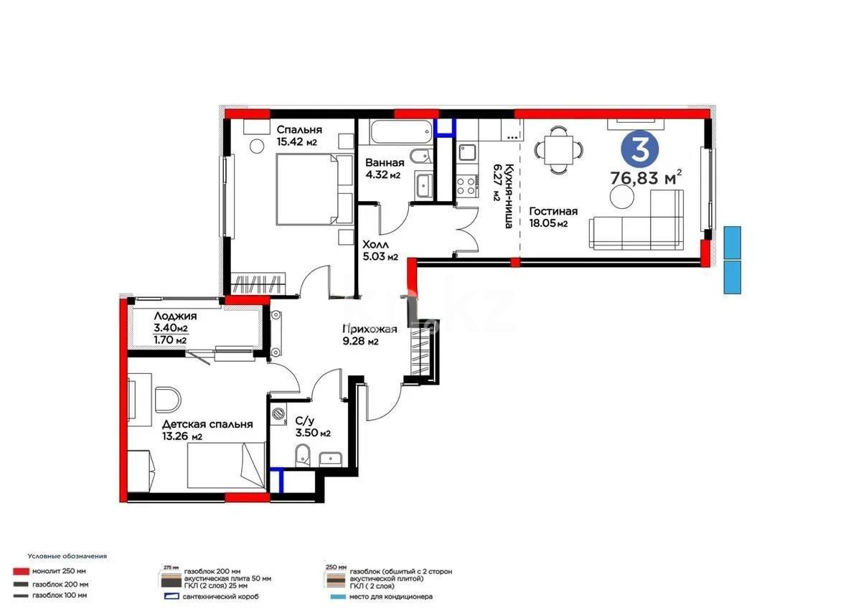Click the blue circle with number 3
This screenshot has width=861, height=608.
(640, 148)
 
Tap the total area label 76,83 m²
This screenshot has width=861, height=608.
(645, 177)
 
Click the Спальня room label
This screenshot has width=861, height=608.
(299, 130)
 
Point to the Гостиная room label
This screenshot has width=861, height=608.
(553, 212)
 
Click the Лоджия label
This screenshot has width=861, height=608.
(175, 316)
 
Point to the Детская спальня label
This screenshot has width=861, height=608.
(207, 424)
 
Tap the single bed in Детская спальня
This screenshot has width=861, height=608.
(225, 464)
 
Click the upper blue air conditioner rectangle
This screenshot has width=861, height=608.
(732, 242)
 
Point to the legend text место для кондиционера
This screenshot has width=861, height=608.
(390, 597)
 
